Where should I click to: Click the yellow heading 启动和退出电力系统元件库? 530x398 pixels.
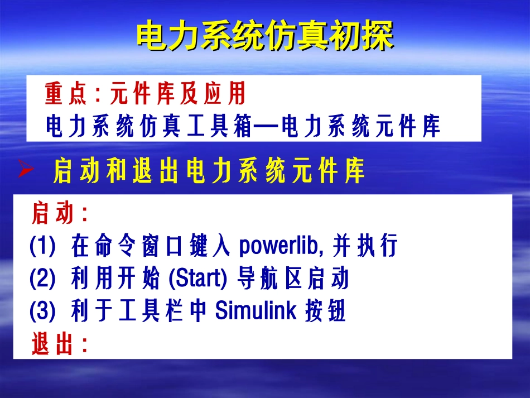[209, 171]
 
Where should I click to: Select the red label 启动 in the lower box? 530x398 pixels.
[53, 214]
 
